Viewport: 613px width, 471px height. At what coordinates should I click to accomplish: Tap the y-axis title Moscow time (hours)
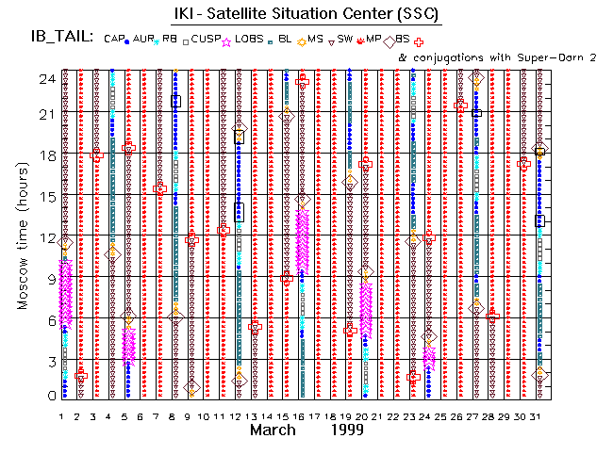tap(21, 233)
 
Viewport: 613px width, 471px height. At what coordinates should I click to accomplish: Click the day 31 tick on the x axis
tap(538, 416)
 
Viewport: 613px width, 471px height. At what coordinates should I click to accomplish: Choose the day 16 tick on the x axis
tap(301, 416)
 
